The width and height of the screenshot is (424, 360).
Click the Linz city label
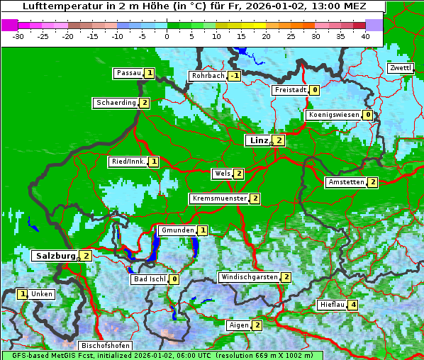(258, 140)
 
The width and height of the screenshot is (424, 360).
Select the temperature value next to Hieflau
(353, 305)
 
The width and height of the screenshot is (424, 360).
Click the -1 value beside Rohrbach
(235, 76)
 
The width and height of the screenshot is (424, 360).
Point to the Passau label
(129, 73)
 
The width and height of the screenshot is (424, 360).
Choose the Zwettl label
(401, 68)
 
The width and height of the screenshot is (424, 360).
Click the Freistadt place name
(290, 90)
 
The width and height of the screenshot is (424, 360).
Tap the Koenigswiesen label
(333, 115)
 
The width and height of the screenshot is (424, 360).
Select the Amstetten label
(346, 182)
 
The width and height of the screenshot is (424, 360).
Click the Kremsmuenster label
(219, 198)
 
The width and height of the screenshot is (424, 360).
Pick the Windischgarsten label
(249, 277)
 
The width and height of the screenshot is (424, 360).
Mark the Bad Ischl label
(150, 279)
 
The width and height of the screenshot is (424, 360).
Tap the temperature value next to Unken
(23, 294)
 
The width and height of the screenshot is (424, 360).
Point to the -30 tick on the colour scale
(18, 36)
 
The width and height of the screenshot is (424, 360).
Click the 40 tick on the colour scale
(365, 36)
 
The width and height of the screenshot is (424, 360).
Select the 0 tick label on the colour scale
(167, 36)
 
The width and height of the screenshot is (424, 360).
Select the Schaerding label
(116, 103)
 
